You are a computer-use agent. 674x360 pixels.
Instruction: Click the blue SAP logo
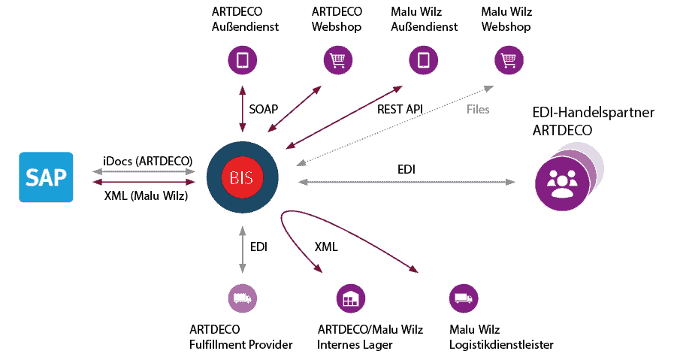46,177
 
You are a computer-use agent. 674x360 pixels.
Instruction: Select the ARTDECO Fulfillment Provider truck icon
242,298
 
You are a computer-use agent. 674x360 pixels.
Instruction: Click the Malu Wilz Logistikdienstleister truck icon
463,298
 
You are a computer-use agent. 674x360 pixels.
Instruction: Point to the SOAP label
263,109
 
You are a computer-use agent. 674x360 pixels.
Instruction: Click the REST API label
400,109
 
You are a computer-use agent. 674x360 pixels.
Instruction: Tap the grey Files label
477,110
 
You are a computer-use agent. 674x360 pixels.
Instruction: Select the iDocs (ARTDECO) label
147,161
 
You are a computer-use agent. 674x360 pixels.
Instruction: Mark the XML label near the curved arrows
325,247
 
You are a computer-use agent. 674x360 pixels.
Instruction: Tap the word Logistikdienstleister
500,345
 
